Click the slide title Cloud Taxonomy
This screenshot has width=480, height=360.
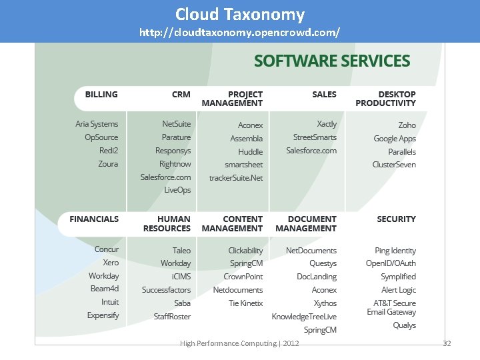[x=240, y=15]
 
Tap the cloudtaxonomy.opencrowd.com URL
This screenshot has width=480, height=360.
[x=240, y=32]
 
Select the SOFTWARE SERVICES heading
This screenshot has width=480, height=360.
[x=331, y=61]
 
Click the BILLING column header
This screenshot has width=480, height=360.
[x=101, y=95]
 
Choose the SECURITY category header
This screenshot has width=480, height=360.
[x=396, y=219]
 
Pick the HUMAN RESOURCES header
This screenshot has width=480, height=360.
[x=167, y=223]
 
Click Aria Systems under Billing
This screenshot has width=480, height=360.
[x=97, y=124]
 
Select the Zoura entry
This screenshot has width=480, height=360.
[x=107, y=164]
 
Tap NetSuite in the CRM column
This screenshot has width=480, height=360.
[x=177, y=124]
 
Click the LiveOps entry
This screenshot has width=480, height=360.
[x=177, y=190]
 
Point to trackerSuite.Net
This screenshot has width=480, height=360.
[x=236, y=178]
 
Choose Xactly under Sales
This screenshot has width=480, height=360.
[x=327, y=124]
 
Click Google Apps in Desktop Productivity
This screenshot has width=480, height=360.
[x=395, y=139]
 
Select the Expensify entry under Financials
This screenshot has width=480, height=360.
[x=103, y=315]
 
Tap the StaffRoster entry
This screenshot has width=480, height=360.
[x=172, y=316]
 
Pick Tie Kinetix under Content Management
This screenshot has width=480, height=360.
[x=246, y=303]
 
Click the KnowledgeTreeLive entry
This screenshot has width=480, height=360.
[x=304, y=316]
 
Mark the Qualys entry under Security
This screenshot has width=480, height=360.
[x=405, y=325]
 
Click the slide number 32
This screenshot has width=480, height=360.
[x=447, y=343]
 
